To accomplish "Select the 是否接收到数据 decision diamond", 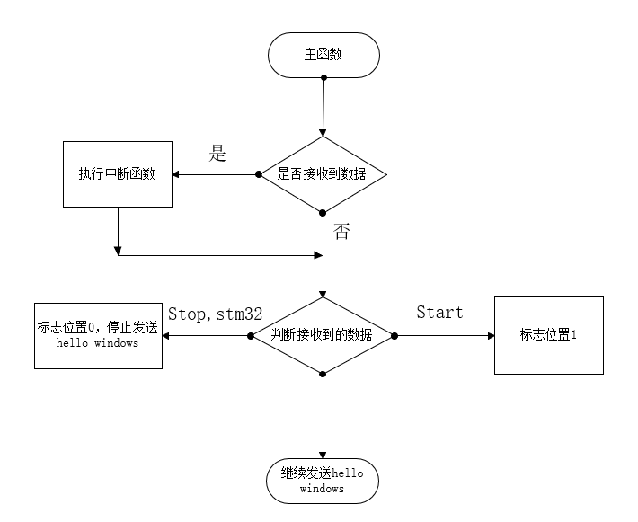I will point(323,174).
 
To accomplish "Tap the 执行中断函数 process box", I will point(117,174).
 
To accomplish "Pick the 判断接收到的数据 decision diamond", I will point(323,335).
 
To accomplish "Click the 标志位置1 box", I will point(548,335).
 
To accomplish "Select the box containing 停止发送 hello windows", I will point(98,335).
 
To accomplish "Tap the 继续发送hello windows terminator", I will point(323,481).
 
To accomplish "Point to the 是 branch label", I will point(217,153).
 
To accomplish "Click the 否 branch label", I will point(341,232).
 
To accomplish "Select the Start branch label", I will point(439,313).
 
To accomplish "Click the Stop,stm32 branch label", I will point(215,314).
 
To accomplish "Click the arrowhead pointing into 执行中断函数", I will point(177,174).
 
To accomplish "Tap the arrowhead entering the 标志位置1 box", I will point(490,335).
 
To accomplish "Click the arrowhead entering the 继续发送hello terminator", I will point(323,455).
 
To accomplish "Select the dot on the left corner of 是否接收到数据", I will point(259,174).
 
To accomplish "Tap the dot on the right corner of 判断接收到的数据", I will point(394,335).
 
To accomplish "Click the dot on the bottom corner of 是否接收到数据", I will point(323,212).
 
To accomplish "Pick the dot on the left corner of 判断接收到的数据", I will point(250,335).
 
